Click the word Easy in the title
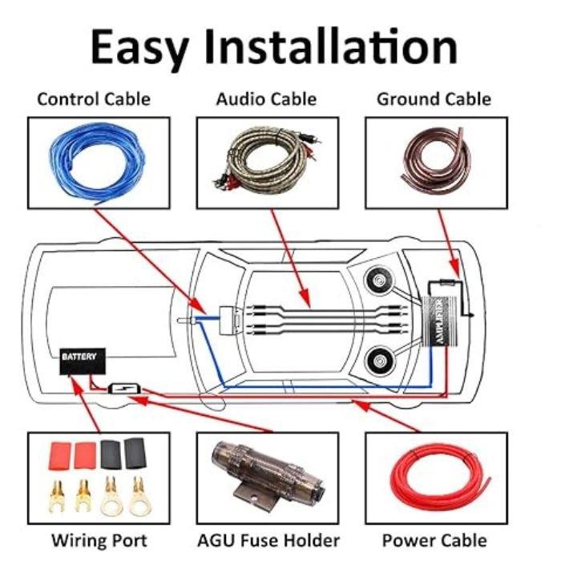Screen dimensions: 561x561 (139, 48)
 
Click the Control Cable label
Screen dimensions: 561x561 (94, 99)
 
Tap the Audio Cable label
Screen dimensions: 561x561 (267, 99)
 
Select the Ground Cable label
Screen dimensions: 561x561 (434, 99)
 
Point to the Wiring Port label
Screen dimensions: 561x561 (99, 540)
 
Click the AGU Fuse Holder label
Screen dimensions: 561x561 (268, 540)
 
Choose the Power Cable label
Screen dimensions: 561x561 (434, 540)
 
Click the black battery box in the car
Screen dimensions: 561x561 (83, 361)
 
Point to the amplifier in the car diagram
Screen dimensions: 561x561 (440, 321)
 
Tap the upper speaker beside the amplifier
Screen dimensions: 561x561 (379, 280)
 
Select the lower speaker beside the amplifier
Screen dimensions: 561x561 (379, 361)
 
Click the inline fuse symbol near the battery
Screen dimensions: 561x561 (124, 389)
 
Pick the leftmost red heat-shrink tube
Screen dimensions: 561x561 (60, 454)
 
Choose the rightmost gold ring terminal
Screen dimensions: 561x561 (139, 497)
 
